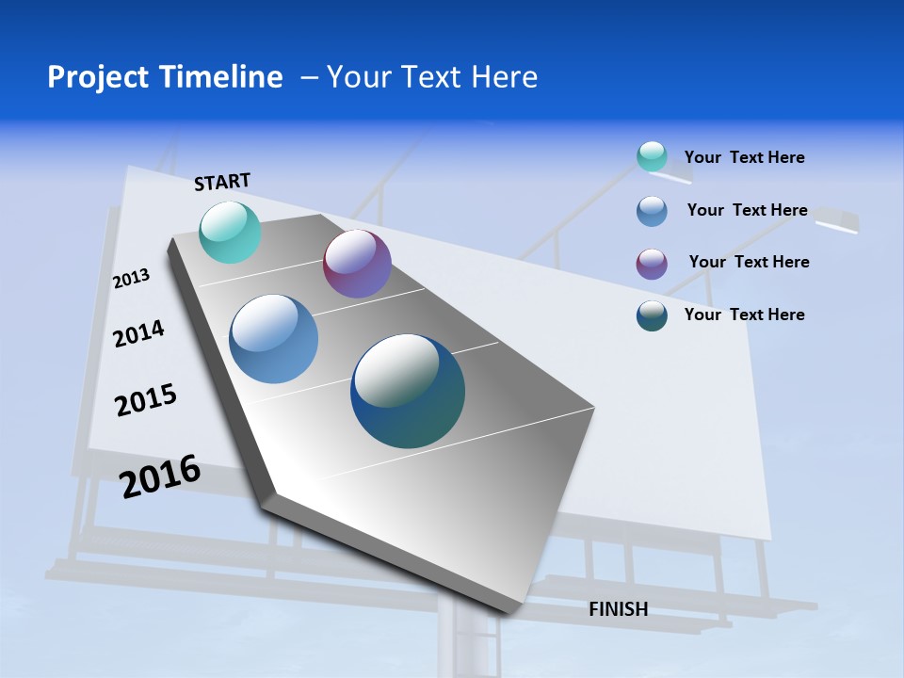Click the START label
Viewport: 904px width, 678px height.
point(222,182)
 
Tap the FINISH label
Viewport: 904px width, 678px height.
point(618,609)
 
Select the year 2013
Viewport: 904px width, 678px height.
point(131,278)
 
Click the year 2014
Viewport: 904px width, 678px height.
point(138,333)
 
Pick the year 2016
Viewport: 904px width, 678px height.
point(160,476)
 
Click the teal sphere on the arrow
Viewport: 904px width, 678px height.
point(231,232)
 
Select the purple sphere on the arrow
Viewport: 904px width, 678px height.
point(357,264)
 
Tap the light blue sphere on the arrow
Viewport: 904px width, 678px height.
point(273,339)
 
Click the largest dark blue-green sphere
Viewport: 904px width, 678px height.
point(408,391)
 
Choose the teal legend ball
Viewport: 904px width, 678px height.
point(652,156)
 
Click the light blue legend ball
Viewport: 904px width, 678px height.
point(652,211)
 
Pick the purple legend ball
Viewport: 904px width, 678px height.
point(652,263)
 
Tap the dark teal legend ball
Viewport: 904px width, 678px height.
point(652,315)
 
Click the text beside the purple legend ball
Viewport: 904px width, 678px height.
point(749,262)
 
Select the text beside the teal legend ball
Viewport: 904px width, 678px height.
point(744,157)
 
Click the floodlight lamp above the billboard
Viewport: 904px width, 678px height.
point(836,220)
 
